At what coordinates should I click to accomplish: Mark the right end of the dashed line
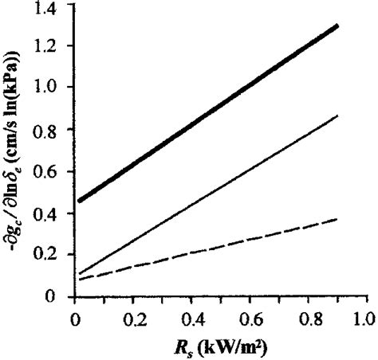point(337,219)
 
